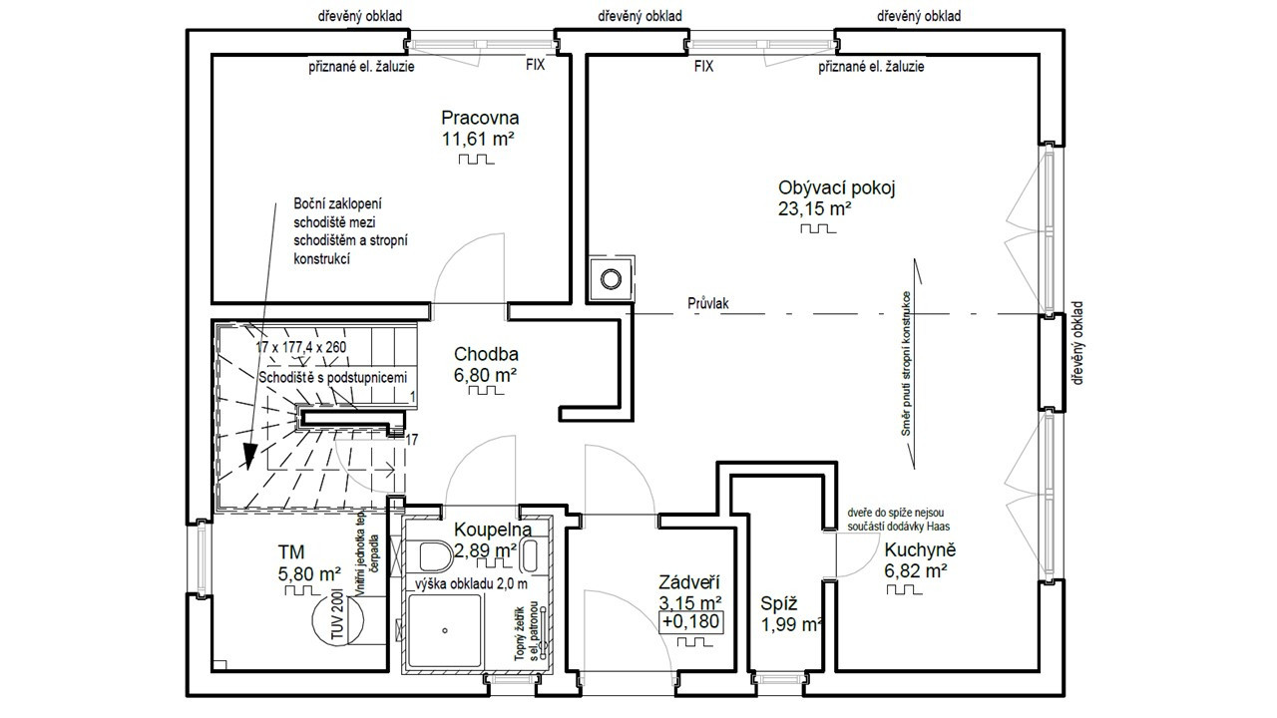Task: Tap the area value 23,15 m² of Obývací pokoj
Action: pos(813,208)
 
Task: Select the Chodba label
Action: pos(486,354)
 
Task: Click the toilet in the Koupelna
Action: pos(432,554)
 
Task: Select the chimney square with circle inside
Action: pos(610,278)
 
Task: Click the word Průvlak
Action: pos(707,302)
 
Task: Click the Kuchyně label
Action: pos(919,549)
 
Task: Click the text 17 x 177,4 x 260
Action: pos(301,347)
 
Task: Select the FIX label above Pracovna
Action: pos(536,67)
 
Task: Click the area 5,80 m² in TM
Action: pos(309,573)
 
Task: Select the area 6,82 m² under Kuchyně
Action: pos(915,571)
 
